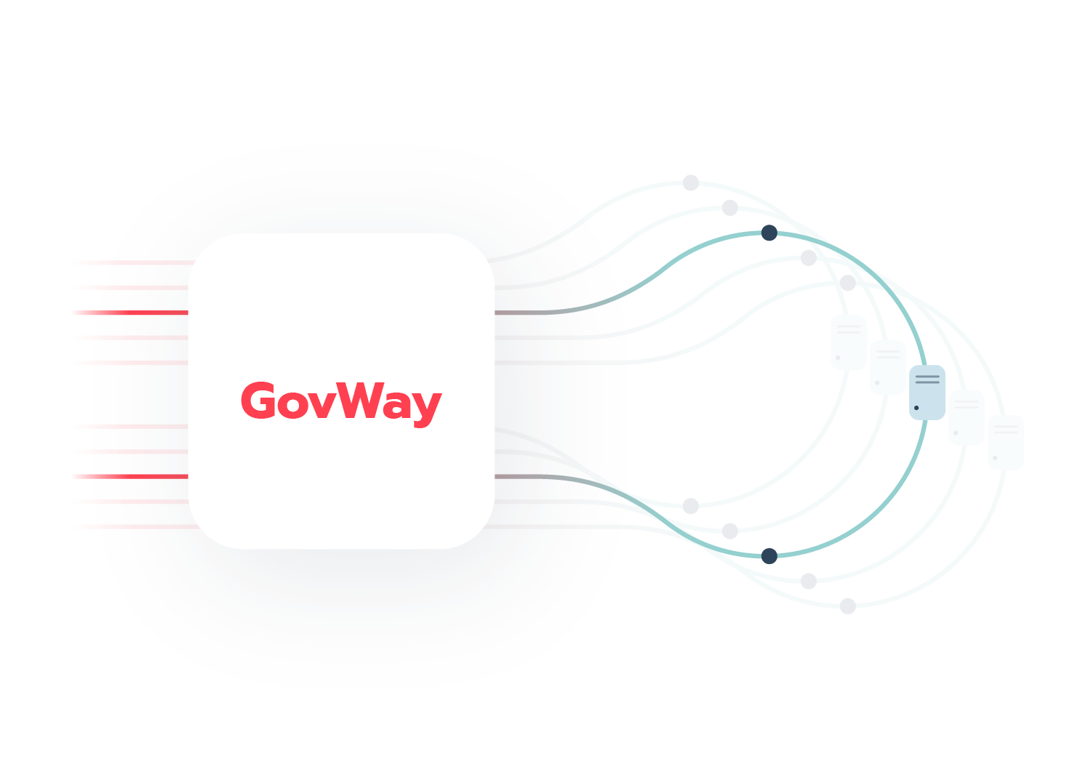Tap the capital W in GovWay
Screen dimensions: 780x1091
pyautogui.click(x=354, y=401)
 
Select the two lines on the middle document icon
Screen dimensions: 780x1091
pyautogui.click(x=927, y=379)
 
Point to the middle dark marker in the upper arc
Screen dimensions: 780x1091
pyautogui.click(x=770, y=241)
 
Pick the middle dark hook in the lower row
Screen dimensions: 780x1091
pyautogui.click(x=770, y=556)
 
